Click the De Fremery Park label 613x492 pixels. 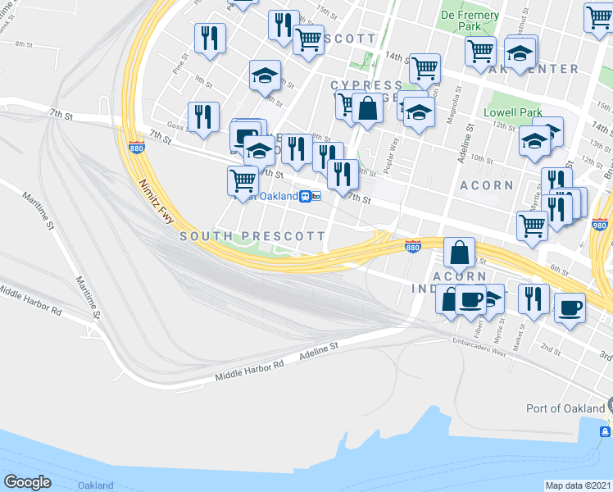(x=470, y=20)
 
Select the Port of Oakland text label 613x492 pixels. (x=563, y=408)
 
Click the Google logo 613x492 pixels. (x=27, y=482)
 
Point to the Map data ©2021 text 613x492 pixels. (x=579, y=485)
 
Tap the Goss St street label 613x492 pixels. (x=174, y=128)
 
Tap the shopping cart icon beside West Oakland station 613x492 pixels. (x=243, y=180)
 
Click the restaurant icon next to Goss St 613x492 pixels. (x=202, y=116)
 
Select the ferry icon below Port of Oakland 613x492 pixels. (x=605, y=430)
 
